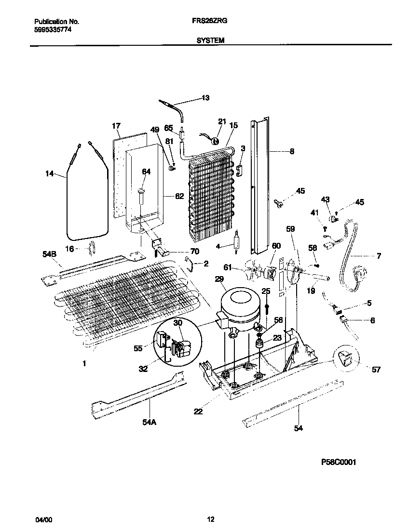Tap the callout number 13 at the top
[205, 98]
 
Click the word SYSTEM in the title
[210, 40]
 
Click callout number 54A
[149, 422]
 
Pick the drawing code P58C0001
[338, 462]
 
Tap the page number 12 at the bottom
[210, 519]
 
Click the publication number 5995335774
[53, 29]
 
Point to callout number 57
[376, 370]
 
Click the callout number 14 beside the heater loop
[50, 174]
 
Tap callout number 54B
[49, 254]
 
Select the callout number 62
[179, 196]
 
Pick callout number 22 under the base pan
[198, 411]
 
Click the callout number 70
[194, 251]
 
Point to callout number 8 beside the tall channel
[292, 151]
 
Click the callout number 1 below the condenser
[84, 363]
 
